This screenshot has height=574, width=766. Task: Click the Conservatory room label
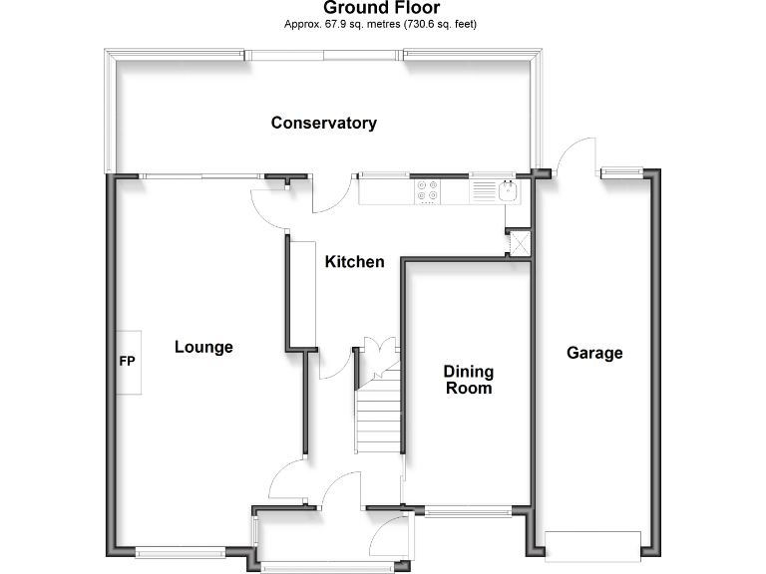coord(324,124)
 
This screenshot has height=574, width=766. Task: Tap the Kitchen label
coord(354,262)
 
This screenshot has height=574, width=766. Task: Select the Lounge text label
coord(203,347)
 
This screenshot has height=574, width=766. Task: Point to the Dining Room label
coord(469,380)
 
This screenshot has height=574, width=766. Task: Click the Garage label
coord(594,353)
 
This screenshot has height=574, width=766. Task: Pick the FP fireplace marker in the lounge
coord(128,362)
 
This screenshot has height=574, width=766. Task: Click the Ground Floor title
coord(382,8)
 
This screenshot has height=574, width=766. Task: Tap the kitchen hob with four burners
coord(428,190)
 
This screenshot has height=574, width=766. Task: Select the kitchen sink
coord(509,189)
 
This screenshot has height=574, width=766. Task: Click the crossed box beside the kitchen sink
coord(519,243)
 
